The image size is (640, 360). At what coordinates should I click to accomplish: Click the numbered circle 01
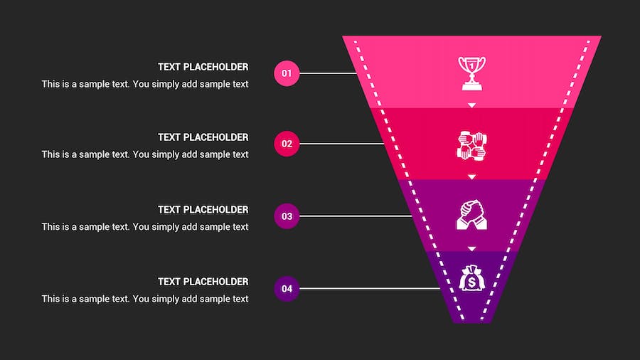coord(287,73)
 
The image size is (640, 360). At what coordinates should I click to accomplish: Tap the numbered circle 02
coord(287,144)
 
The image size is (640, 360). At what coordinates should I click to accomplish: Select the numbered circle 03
coord(287,216)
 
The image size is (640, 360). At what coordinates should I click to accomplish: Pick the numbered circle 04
coord(287,288)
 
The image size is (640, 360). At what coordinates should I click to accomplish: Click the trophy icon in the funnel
coord(471,73)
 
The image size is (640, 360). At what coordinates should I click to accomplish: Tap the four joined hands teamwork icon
coord(471,144)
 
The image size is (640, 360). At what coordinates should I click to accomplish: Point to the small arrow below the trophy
coord(471,105)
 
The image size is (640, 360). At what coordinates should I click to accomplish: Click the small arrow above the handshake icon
coord(471,176)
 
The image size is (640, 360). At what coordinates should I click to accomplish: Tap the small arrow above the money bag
coord(471,248)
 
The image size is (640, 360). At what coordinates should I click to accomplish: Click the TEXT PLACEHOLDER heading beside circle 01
coord(203,67)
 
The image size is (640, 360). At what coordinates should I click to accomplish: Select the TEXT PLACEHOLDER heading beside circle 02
coord(203,137)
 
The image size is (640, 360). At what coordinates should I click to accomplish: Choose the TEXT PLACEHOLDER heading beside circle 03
coord(203,209)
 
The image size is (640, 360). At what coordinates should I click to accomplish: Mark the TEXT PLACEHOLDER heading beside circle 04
coord(203,282)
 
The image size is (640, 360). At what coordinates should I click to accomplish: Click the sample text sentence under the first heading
coord(145,84)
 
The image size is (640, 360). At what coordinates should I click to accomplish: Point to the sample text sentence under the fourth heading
coord(145,299)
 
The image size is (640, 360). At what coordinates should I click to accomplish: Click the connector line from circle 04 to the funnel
coord(370,288)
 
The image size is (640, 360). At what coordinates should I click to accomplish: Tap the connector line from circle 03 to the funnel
coord(356,216)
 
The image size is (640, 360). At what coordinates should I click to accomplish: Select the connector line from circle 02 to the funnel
coord(342,144)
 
